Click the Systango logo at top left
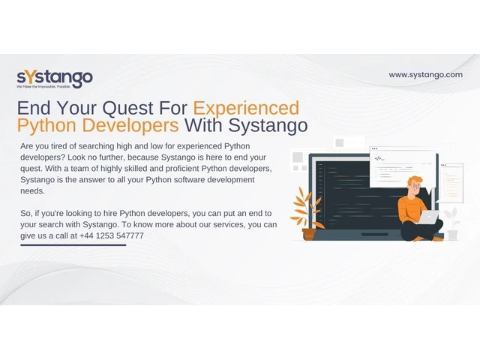55,79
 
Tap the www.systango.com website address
425,75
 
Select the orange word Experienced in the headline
246,108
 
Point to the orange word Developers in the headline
130,125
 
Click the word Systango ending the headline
268,125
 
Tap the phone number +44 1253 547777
112,235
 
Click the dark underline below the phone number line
73,245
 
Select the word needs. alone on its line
32,191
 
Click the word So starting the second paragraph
25,213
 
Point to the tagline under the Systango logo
43,87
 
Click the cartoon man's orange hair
415,180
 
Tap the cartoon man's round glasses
415,186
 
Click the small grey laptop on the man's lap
428,217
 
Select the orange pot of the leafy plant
309,234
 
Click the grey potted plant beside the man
452,224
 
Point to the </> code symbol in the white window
378,158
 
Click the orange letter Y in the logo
30,77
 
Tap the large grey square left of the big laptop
298,157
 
